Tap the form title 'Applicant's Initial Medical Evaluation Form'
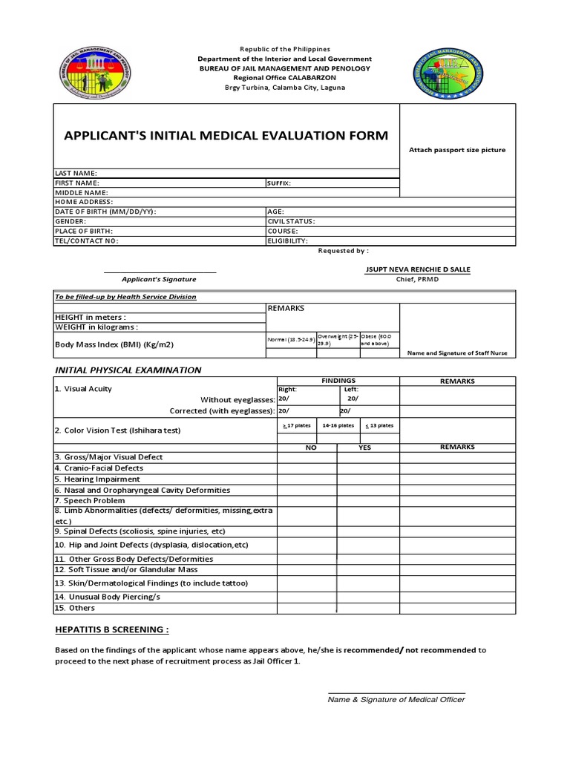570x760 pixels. (226, 135)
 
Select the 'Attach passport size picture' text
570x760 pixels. (457, 150)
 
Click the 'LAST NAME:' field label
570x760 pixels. (76, 173)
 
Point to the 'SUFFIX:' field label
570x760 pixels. (279, 183)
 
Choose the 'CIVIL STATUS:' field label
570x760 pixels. (292, 221)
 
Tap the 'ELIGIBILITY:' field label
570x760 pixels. (287, 240)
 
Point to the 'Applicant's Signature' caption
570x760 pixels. (160, 279)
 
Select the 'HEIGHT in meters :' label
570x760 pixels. (96, 317)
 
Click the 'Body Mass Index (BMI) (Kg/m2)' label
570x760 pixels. (115, 344)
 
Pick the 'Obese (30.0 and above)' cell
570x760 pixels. (379, 340)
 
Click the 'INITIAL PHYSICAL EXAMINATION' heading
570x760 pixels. (128, 370)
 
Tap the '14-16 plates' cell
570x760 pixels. (338, 425)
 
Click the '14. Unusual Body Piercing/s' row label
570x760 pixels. (108, 596)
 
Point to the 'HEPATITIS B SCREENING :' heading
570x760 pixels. (112, 630)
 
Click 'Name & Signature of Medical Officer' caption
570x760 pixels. (396, 699)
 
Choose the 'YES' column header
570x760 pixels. (365, 448)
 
